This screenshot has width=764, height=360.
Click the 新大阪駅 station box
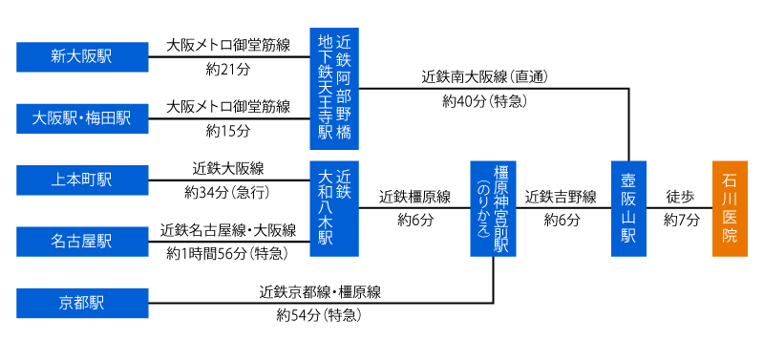click(82, 57)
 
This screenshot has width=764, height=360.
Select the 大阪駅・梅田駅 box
click(82, 118)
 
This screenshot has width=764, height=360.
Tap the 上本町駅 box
click(82, 180)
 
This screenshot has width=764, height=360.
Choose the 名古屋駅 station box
click(82, 242)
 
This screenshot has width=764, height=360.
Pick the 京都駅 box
click(82, 304)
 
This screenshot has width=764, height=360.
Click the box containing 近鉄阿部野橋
click(334, 89)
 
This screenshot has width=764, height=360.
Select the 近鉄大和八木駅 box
click(334, 208)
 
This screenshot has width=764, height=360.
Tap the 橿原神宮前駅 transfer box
click(493, 208)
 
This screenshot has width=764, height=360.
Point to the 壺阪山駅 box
click(628, 208)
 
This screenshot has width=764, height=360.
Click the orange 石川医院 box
click(730, 208)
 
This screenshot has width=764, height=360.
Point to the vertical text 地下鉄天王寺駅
click(326, 88)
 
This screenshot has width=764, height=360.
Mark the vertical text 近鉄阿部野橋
click(344, 88)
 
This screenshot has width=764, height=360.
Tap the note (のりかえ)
click(483, 208)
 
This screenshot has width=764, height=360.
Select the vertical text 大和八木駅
click(326, 208)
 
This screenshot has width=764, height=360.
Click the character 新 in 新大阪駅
click(58, 57)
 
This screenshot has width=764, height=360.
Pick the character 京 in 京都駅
click(66, 304)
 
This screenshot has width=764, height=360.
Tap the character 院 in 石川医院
click(730, 235)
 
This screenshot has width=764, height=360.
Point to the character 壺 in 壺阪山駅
click(628, 181)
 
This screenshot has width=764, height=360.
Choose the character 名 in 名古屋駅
click(58, 242)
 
